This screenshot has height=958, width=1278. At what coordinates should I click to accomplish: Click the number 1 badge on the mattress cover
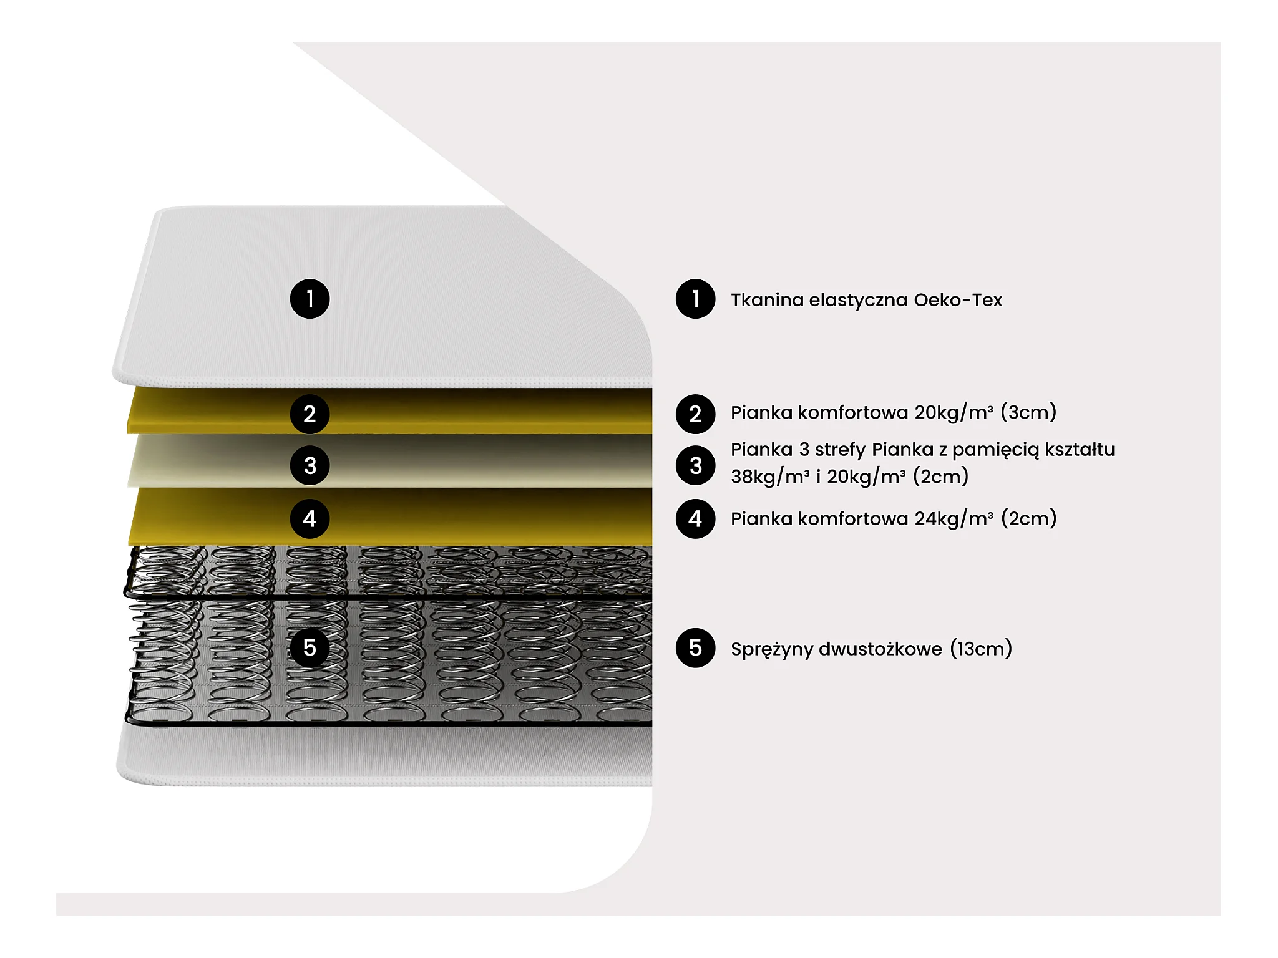pyautogui.click(x=310, y=299)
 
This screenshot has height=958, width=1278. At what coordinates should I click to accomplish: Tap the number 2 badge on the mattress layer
pyautogui.click(x=310, y=414)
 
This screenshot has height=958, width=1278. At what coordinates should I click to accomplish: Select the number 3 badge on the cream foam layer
pyautogui.click(x=310, y=465)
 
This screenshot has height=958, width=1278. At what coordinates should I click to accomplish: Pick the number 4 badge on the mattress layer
pyautogui.click(x=310, y=518)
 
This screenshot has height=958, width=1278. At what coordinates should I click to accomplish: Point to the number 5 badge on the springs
pyautogui.click(x=310, y=648)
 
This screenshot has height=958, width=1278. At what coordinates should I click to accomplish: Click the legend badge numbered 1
pyautogui.click(x=695, y=299)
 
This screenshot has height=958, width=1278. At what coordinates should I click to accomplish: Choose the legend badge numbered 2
pyautogui.click(x=695, y=414)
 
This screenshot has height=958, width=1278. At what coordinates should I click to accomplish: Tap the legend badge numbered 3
pyautogui.click(x=695, y=465)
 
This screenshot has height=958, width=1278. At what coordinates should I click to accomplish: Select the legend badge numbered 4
pyautogui.click(x=695, y=518)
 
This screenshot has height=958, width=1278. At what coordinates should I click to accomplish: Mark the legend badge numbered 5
pyautogui.click(x=695, y=648)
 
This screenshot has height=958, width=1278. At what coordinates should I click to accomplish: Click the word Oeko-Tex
pyautogui.click(x=958, y=300)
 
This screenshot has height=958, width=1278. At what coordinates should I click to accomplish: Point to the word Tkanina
pyautogui.click(x=767, y=300)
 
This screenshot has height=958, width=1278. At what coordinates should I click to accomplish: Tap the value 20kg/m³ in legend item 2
pyautogui.click(x=954, y=412)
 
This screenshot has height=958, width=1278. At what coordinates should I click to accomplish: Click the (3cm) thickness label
pyautogui.click(x=1028, y=412)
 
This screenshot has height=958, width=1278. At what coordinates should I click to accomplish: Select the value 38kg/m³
pyautogui.click(x=770, y=477)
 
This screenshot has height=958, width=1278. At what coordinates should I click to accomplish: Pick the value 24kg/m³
pyautogui.click(x=954, y=519)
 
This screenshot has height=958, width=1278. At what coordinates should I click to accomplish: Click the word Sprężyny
pyautogui.click(x=771, y=649)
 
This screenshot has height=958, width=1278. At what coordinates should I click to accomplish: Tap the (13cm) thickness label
pyautogui.click(x=981, y=649)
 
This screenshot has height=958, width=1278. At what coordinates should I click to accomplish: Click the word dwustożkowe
pyautogui.click(x=880, y=649)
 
